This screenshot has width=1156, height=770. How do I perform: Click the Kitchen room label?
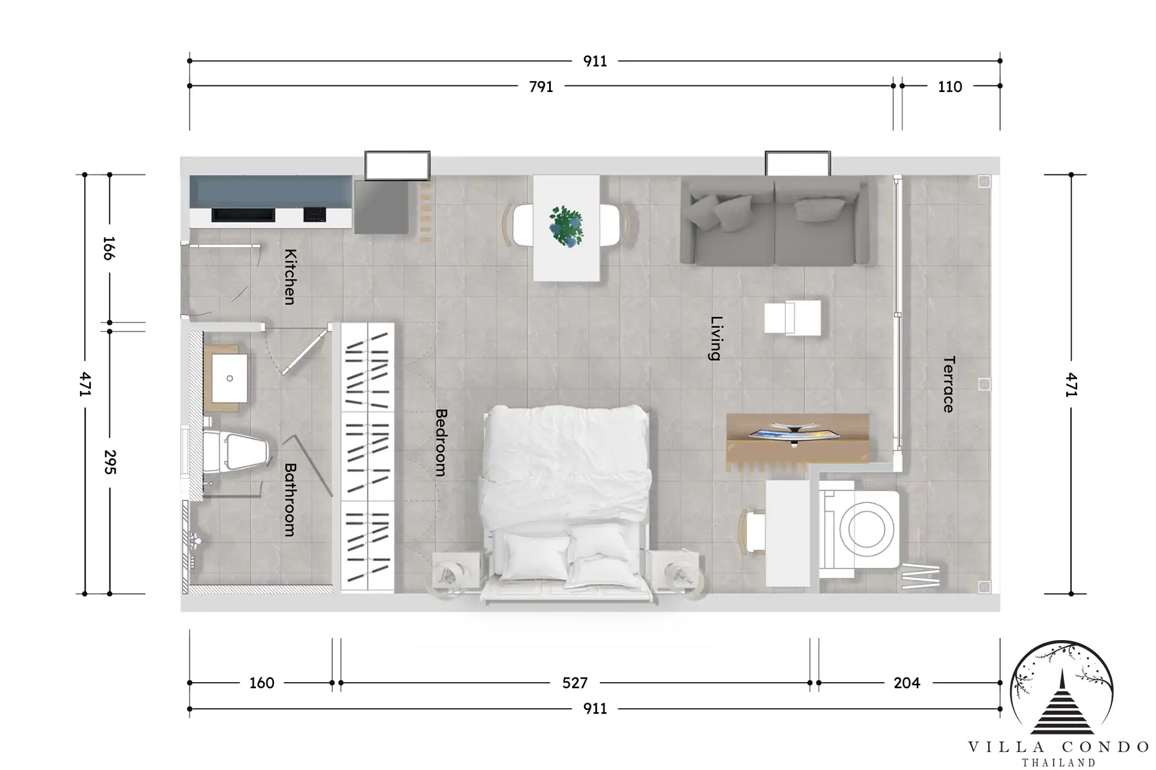coord(290,277)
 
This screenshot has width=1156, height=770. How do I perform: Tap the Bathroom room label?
coord(290,499)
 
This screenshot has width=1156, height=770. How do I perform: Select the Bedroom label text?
coord(441,443)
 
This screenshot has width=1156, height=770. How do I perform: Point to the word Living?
coord(715,338)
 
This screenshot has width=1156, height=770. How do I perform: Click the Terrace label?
coord(949,384)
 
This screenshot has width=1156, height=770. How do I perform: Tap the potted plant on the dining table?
coord(567,226)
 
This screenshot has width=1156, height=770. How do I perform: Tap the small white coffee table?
coord(792,317)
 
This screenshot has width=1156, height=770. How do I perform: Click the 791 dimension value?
coord(541,87)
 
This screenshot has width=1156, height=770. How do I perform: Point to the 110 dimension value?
coord(949,87)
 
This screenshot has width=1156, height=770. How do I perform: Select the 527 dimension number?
coord(574,683)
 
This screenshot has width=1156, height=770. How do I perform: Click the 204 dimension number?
coord(907,683)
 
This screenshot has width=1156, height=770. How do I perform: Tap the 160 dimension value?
coord(261,683)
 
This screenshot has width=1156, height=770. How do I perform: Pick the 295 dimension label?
coord(110,462)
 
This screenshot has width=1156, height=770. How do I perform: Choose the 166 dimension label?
coord(108,248)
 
